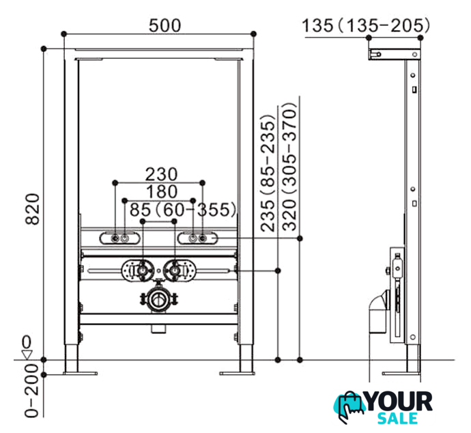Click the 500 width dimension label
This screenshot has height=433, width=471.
pos(165,25)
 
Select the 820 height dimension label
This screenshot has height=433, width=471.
pos(32,209)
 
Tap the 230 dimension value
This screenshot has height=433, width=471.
pos(161,174)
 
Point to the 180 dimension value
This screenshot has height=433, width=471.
pos(162,192)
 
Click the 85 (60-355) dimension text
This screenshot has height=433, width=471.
pos(183,210)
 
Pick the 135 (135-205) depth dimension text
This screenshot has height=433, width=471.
pos(366,25)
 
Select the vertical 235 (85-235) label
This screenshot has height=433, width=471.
pos(268,173)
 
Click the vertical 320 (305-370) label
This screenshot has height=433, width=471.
pos(289,167)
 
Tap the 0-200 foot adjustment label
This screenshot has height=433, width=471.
pos(32,391)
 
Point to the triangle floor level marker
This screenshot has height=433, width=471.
pos(27,354)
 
